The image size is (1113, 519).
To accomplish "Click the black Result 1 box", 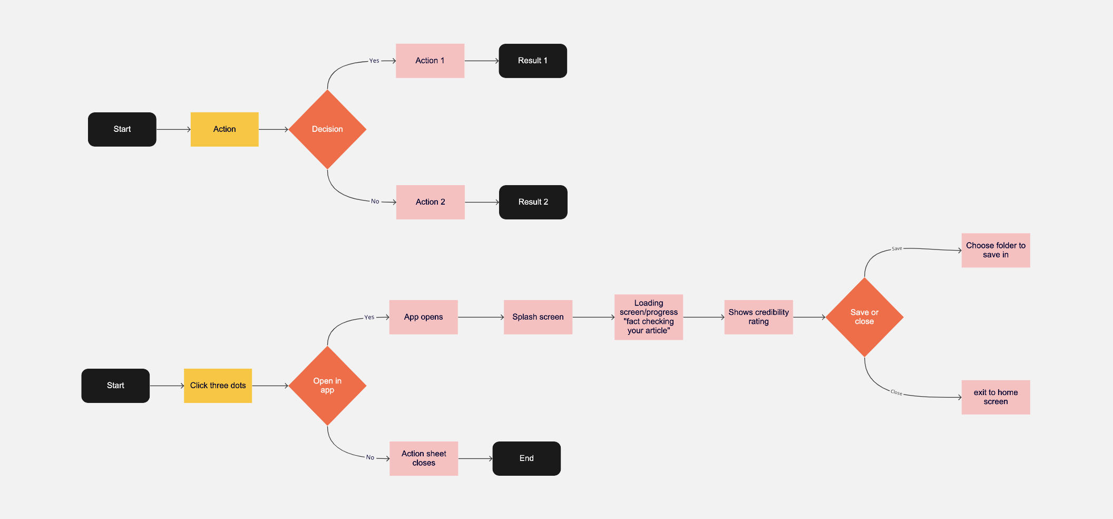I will click(533, 61).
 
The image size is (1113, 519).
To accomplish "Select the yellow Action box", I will click(224, 129).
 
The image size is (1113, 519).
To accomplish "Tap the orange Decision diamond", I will click(327, 129).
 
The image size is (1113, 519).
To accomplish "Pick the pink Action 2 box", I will click(430, 202).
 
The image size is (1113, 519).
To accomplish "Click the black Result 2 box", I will click(533, 202).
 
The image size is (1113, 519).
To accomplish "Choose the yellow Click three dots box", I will click(218, 386).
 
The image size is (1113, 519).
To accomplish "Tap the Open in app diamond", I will click(327, 386).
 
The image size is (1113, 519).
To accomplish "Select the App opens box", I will click(423, 317).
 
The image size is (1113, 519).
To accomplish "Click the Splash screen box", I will click(538, 317).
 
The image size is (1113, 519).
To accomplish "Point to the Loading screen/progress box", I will click(648, 317).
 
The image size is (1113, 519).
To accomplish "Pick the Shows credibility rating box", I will click(758, 317).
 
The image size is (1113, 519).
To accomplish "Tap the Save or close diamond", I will click(864, 317).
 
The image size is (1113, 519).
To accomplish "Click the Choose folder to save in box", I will click(995, 250).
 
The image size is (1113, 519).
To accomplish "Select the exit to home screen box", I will click(995, 397).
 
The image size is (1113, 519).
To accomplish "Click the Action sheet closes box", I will click(424, 458).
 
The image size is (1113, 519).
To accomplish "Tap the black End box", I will click(526, 458).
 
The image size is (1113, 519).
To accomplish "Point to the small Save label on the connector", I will click(896, 248).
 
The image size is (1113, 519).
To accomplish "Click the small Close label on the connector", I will click(896, 392).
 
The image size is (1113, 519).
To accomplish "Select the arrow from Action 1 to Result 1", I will click(481, 61).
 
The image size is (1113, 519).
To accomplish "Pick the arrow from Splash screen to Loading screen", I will click(593, 317).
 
